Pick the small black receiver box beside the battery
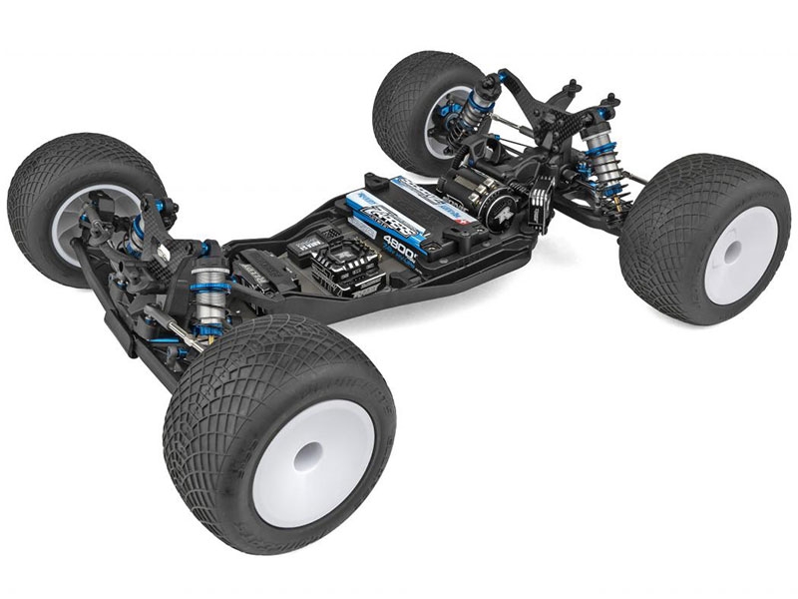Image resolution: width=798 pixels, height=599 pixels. [x=302, y=251]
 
